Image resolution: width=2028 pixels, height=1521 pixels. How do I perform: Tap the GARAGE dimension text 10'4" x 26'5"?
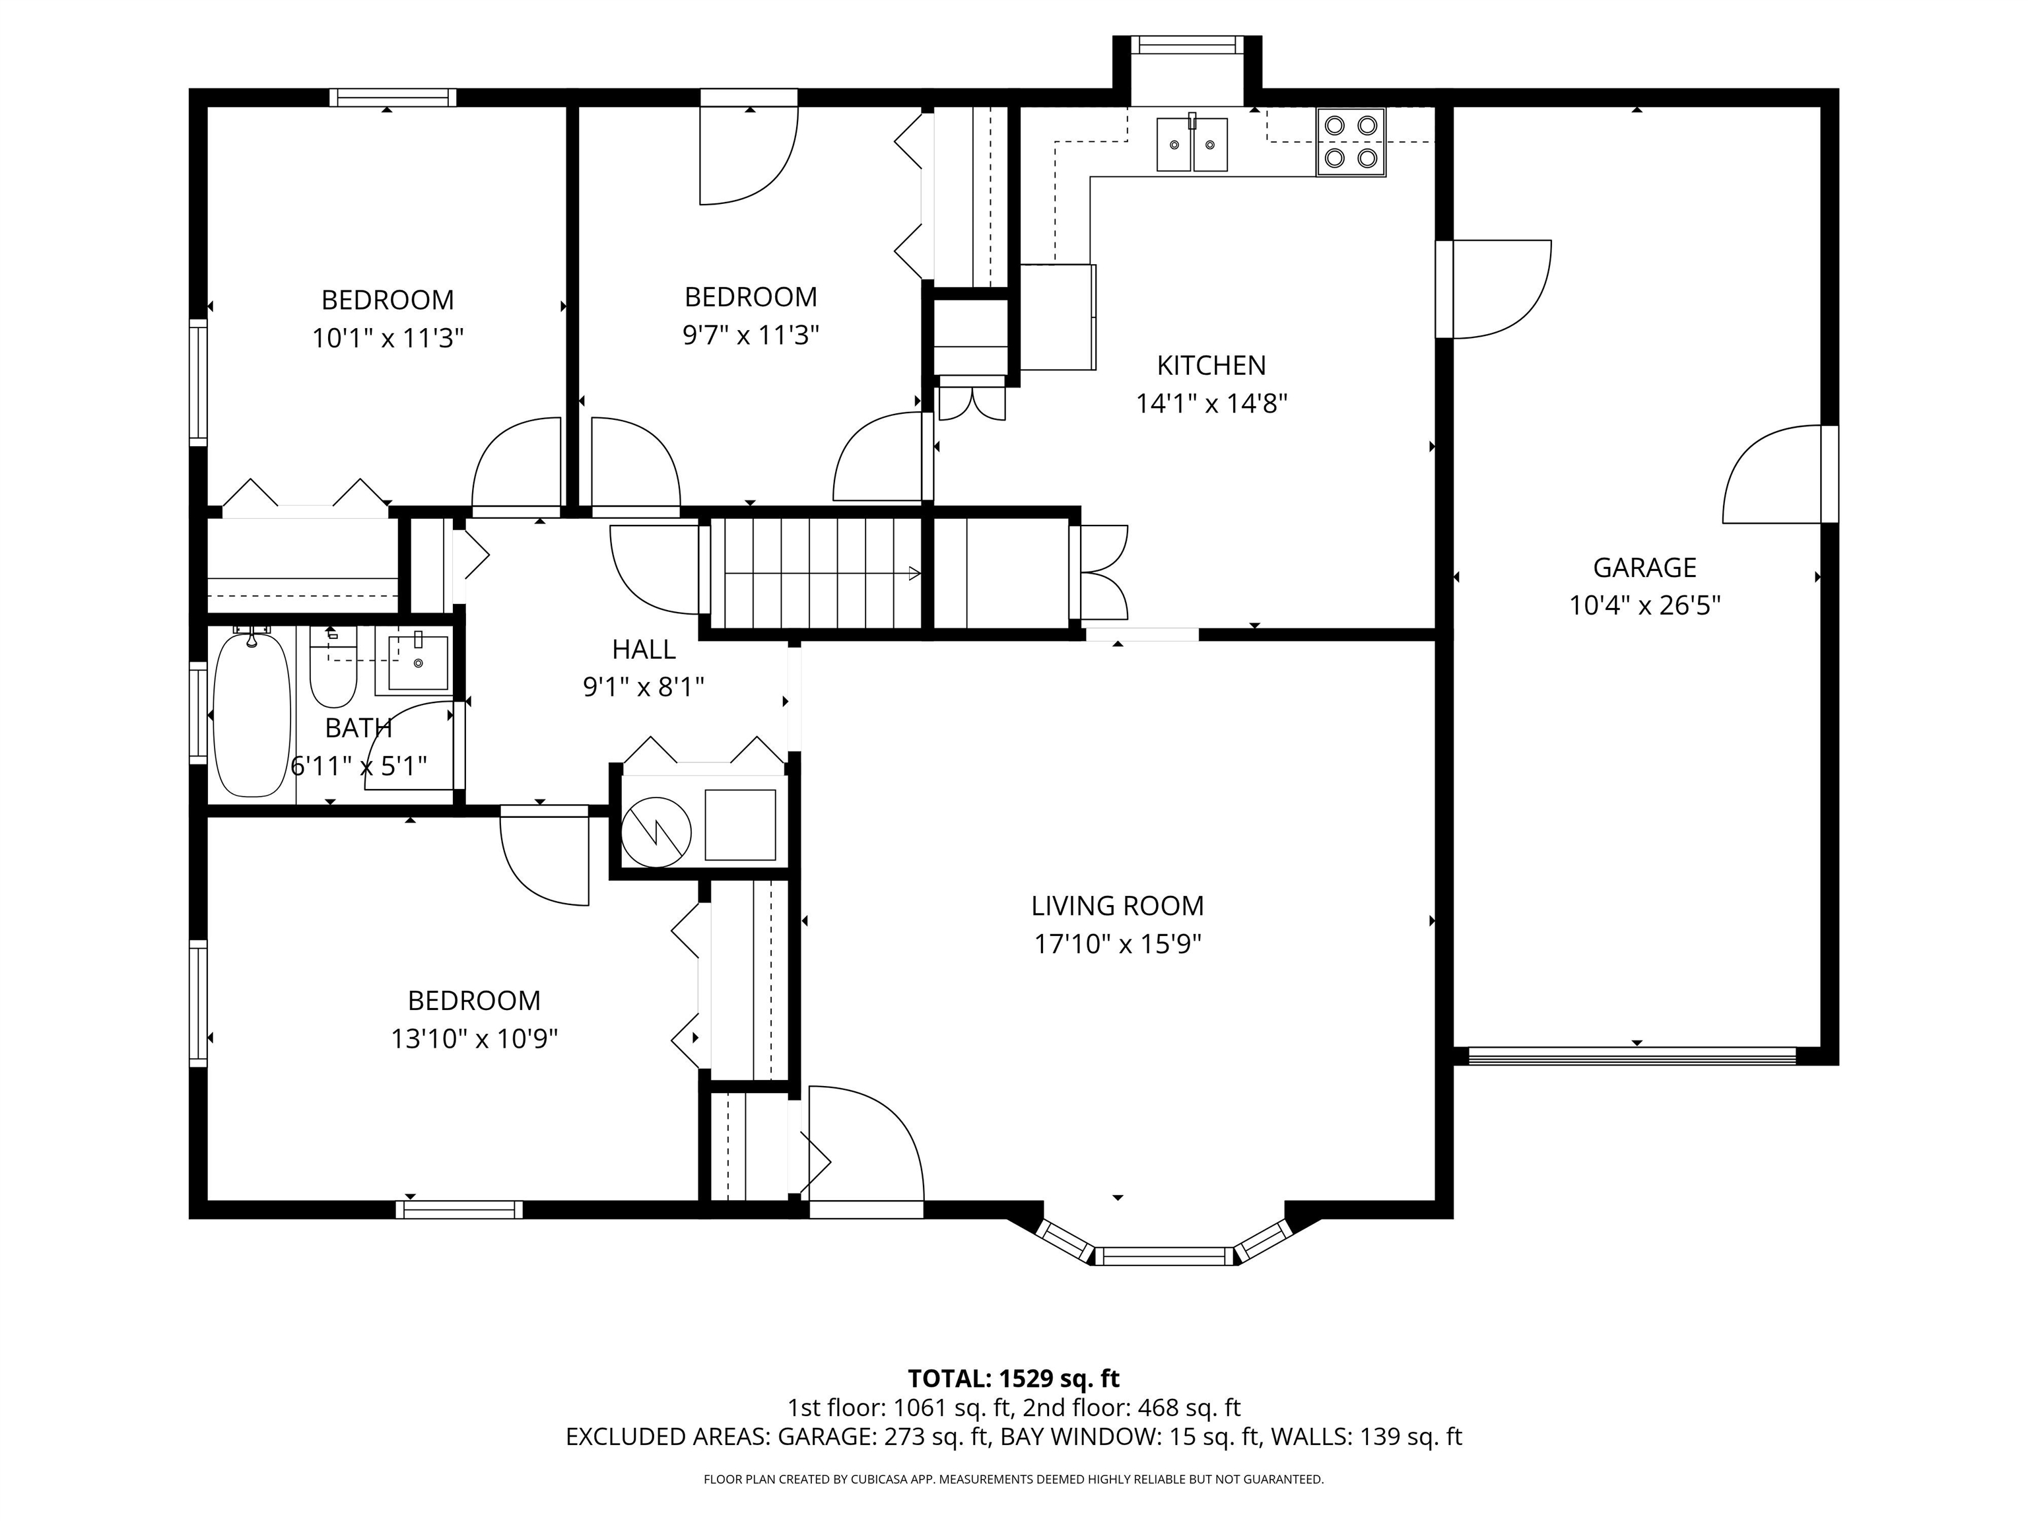coord(1644,606)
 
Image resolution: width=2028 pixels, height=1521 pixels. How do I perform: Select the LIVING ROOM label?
coord(1117,906)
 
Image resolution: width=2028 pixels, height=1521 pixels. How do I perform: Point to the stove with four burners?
coord(1351,141)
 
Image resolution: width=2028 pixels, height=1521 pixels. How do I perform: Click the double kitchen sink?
coord(1191,144)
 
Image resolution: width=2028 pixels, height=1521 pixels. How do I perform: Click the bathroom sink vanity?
coord(418,662)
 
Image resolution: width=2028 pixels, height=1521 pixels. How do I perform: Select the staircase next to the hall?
coord(816,573)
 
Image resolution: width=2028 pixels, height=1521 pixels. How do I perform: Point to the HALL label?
coord(644,649)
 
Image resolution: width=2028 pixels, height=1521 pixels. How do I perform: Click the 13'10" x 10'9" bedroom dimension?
coord(474,1038)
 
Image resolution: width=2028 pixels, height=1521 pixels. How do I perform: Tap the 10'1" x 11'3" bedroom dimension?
coord(387,338)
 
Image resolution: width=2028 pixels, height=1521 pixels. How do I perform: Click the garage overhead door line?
coord(1632,1056)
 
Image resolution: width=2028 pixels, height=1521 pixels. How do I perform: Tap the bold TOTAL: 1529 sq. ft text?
coord(1013,1378)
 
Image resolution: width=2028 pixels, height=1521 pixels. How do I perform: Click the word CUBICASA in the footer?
coord(879,1479)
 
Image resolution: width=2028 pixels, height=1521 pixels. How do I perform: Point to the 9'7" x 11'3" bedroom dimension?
coord(750,335)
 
